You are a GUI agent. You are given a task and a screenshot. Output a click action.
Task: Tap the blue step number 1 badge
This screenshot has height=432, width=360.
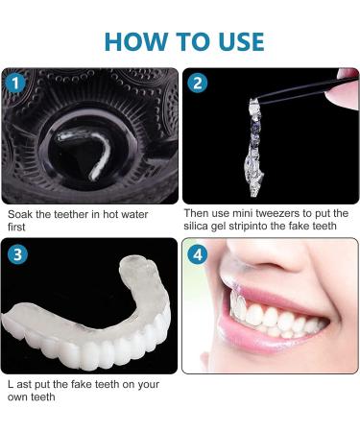click(14, 83)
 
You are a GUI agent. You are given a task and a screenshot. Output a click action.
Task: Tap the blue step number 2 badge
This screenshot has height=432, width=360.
click(197, 83)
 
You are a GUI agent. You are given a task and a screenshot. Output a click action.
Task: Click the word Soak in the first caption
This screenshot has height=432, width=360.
click(18, 214)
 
